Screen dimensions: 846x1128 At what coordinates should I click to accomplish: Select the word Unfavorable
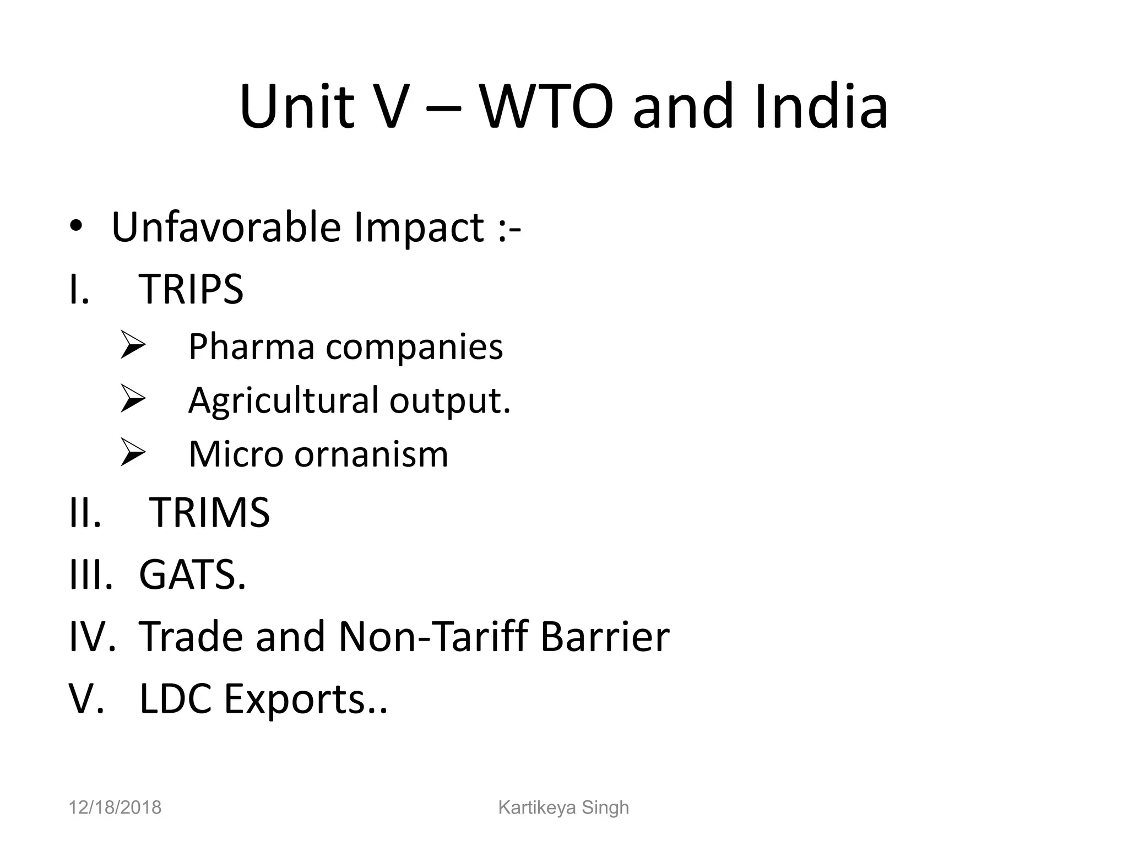(226, 227)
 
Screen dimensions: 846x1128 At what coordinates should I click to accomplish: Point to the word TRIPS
(191, 289)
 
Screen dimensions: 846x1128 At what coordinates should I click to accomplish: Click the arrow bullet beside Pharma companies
(132, 346)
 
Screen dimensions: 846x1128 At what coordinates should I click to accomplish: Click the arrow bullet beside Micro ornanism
(132, 453)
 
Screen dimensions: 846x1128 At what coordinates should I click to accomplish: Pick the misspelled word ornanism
(371, 455)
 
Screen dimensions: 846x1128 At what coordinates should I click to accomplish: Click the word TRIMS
(209, 513)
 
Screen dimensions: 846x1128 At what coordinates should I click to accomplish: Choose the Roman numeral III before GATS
(90, 575)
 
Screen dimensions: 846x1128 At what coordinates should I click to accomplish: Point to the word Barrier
(605, 637)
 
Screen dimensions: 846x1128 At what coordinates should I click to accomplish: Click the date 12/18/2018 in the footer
(115, 807)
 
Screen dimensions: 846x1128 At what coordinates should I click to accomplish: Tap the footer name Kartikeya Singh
(563, 807)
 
